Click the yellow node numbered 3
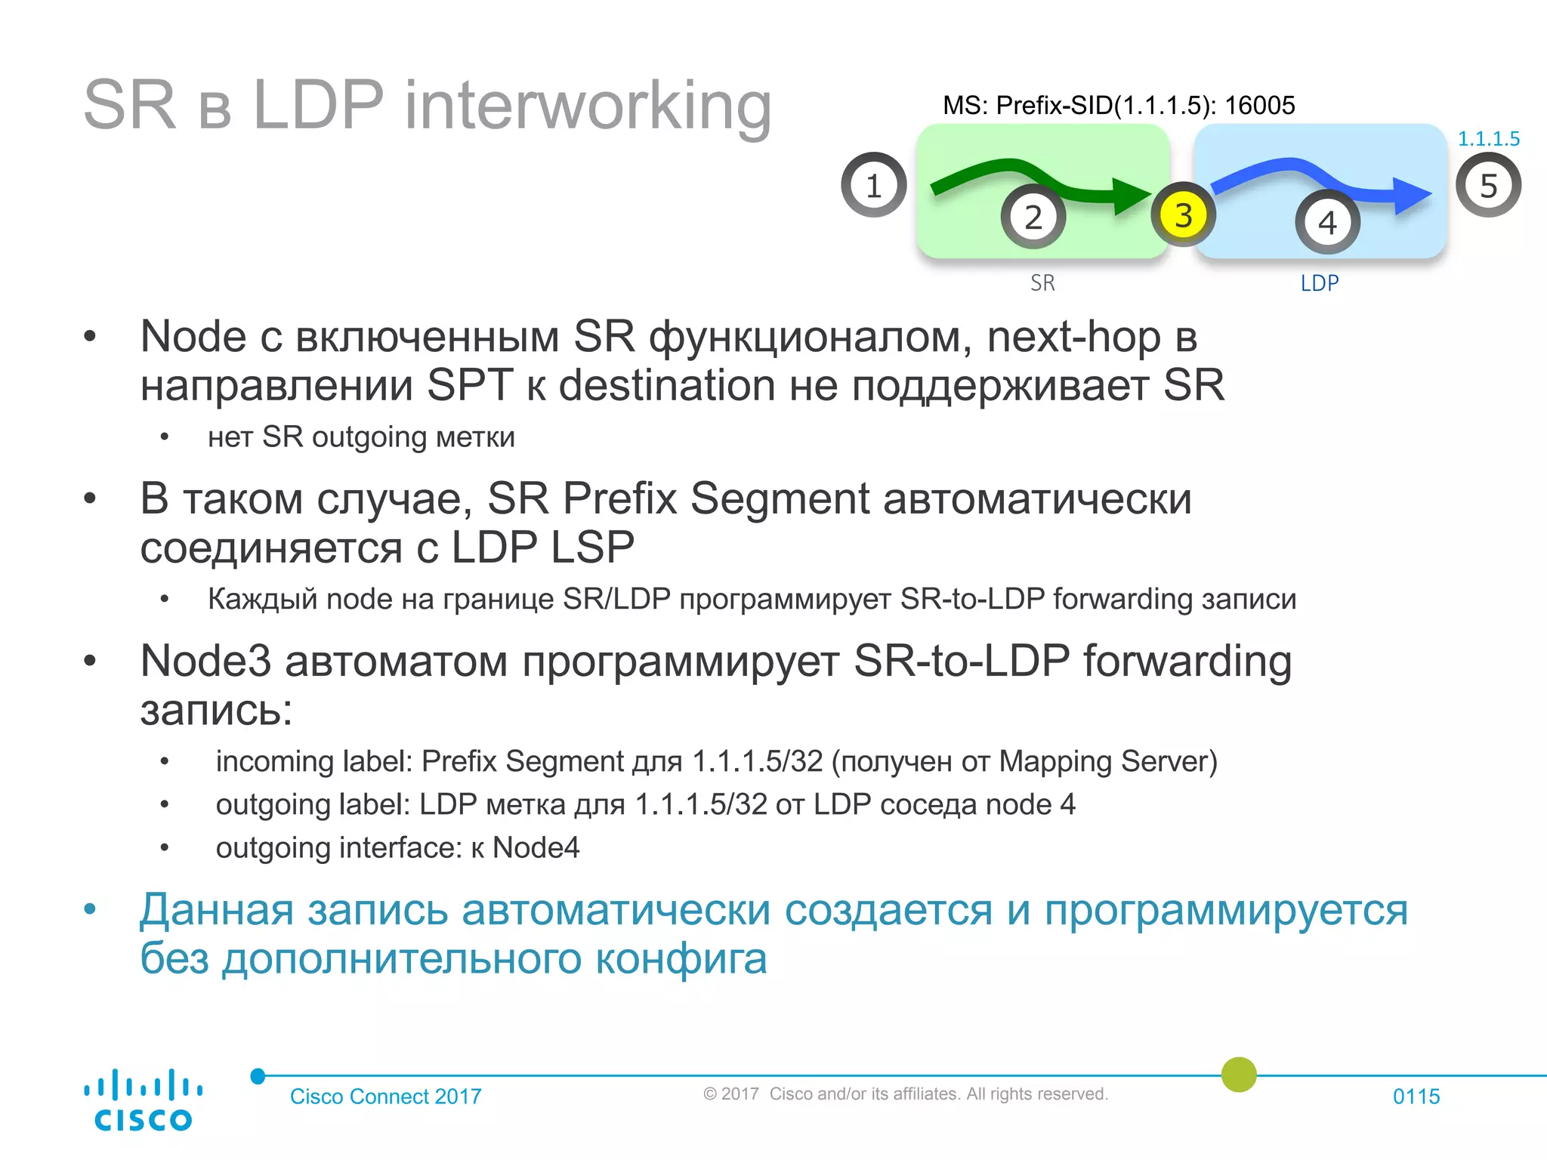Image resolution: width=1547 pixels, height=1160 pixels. (x=1183, y=215)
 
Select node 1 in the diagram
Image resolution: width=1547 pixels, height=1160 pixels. (x=873, y=185)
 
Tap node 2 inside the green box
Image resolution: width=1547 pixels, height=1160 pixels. (x=1033, y=217)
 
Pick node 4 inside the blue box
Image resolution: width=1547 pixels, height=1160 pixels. (x=1327, y=222)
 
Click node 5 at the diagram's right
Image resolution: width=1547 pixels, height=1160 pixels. (x=1488, y=185)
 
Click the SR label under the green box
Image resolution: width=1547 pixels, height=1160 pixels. (x=1042, y=283)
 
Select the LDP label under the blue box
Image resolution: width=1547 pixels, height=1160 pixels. (x=1319, y=283)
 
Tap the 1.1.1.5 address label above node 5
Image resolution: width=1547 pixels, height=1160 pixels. (x=1488, y=139)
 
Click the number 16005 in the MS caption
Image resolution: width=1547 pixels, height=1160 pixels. (x=1259, y=105)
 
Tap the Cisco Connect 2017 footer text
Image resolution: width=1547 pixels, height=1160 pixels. (x=385, y=1096)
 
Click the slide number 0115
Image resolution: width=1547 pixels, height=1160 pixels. (x=1416, y=1096)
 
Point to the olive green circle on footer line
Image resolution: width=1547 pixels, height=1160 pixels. (x=1239, y=1074)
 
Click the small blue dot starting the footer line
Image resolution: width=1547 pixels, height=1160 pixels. (x=258, y=1075)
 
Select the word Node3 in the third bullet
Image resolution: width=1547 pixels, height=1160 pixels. (x=205, y=661)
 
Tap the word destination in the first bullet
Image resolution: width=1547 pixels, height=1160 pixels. (x=666, y=385)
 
